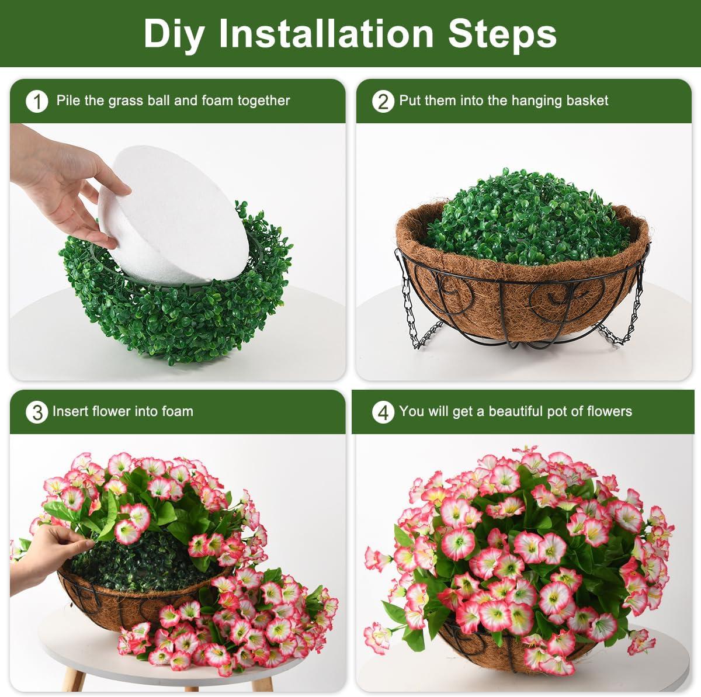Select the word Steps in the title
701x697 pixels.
pos(502,33)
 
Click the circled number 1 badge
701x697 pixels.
pos(37,102)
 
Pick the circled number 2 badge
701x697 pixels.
pos(383,102)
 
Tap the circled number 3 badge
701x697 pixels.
pos(37,412)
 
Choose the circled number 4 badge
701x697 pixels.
pos(383,412)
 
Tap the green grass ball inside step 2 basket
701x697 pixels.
pos(528,218)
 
